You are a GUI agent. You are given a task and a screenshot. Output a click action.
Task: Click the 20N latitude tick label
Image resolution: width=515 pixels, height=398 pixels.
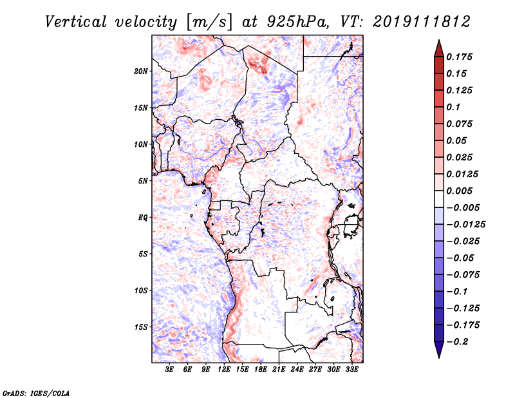click(x=141, y=71)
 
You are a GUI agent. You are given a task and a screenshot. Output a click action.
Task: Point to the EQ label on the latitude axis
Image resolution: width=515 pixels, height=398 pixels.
click(x=142, y=218)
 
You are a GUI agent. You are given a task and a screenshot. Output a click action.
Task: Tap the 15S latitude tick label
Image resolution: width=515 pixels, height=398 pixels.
click(x=141, y=327)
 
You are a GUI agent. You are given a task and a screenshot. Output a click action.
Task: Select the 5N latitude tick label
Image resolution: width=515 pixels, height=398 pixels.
click(x=143, y=181)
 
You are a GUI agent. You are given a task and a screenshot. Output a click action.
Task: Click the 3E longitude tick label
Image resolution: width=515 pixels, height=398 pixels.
click(x=169, y=370)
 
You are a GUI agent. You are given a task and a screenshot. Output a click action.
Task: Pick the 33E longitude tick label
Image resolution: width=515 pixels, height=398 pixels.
click(x=351, y=370)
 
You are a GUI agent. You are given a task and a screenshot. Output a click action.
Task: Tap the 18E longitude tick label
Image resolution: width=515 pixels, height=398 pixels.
click(x=261, y=370)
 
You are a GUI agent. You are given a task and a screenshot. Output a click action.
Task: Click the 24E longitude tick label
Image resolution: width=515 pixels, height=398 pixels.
click(x=297, y=370)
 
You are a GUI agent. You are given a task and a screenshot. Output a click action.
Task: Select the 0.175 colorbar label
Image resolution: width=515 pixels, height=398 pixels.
click(x=459, y=57)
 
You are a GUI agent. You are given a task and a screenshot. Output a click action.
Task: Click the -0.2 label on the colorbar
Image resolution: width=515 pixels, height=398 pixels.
click(x=457, y=342)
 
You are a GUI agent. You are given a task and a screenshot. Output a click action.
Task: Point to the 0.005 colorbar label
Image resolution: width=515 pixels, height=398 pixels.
click(x=459, y=191)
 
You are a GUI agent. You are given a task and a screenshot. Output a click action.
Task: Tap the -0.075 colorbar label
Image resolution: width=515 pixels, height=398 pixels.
click(x=463, y=275)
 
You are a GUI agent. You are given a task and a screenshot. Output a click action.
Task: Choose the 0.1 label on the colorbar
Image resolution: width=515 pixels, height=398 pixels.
click(x=453, y=107)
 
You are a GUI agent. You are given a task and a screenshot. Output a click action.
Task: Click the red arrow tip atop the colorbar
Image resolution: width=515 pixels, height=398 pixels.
click(x=439, y=40)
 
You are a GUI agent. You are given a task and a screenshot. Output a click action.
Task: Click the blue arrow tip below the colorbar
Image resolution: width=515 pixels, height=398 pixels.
click(x=439, y=357)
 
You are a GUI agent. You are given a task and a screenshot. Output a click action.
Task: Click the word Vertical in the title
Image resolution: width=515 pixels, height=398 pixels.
click(x=76, y=22)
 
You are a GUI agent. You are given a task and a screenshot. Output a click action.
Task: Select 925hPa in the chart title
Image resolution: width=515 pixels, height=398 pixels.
click(x=297, y=22)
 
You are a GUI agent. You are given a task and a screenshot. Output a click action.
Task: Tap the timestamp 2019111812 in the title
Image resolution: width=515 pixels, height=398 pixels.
click(x=422, y=22)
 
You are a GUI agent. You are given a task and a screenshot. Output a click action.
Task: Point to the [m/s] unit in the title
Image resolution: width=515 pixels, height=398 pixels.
click(x=209, y=23)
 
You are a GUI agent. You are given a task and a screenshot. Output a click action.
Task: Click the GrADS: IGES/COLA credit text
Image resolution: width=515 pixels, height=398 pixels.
click(x=36, y=393)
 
